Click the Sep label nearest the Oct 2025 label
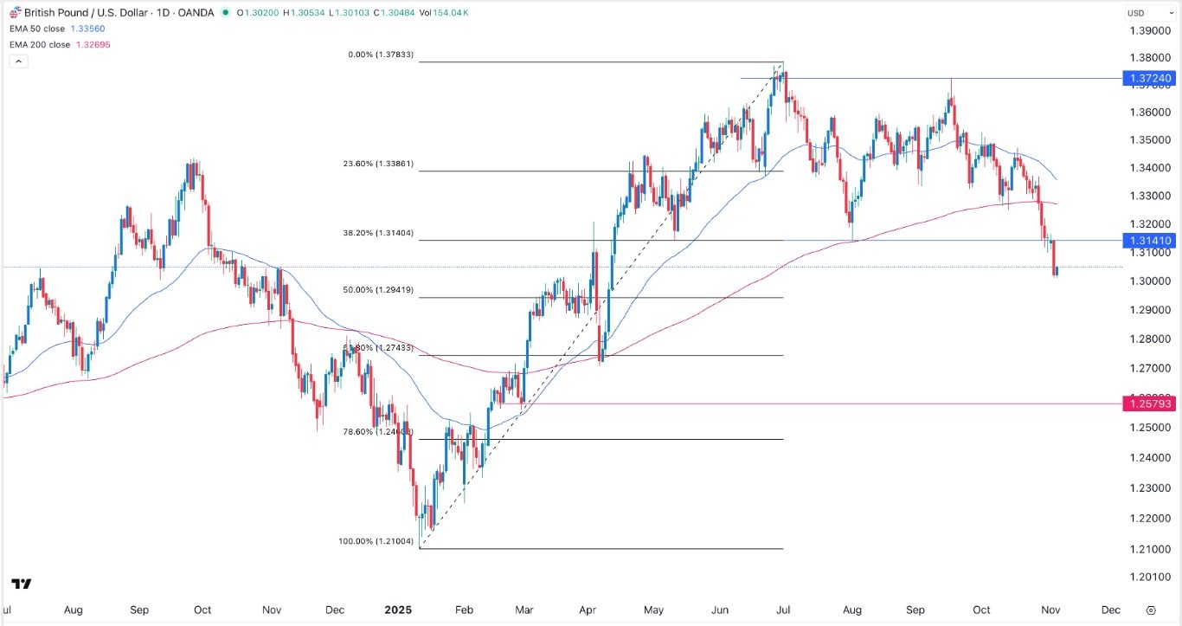[916, 610]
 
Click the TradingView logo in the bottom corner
[22, 584]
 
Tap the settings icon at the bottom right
[1150, 610]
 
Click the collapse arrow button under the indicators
[18, 61]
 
